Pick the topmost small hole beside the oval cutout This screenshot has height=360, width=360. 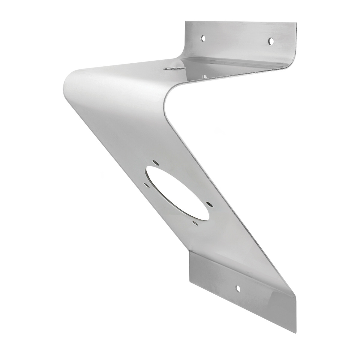[155, 162]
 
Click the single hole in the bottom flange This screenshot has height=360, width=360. [238, 288]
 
